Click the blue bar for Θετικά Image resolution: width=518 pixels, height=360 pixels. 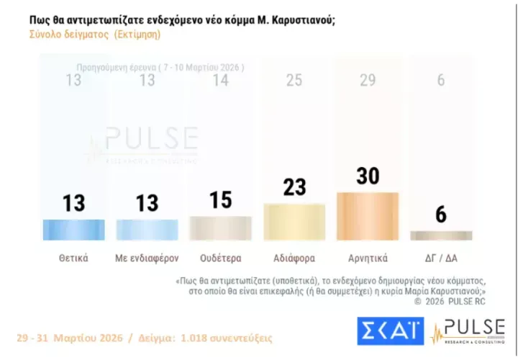pos(74,229)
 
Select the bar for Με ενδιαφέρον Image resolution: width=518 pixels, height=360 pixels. pos(147,229)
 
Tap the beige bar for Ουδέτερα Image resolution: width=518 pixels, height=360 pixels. pos(220,228)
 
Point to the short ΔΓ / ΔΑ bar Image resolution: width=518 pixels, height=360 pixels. pos(440,235)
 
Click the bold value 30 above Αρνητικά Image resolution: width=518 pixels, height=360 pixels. pos(368,176)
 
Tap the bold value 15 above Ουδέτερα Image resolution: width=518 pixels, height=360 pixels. pos(220,199)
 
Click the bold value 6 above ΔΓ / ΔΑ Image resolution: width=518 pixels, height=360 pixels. pos(440,214)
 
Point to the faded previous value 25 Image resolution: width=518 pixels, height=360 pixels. pos(294,80)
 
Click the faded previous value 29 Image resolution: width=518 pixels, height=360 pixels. pos(368,80)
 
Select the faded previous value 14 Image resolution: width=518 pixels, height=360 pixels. pos(220,80)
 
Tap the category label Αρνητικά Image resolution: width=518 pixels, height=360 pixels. pos(367,256)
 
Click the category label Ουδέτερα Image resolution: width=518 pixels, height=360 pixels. pos(220,256)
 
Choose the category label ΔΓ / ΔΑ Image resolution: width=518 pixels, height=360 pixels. pos(440,256)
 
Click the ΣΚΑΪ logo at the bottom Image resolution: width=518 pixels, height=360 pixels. pos(389,330)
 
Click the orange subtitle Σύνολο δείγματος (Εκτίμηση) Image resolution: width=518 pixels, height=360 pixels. pos(95,34)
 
